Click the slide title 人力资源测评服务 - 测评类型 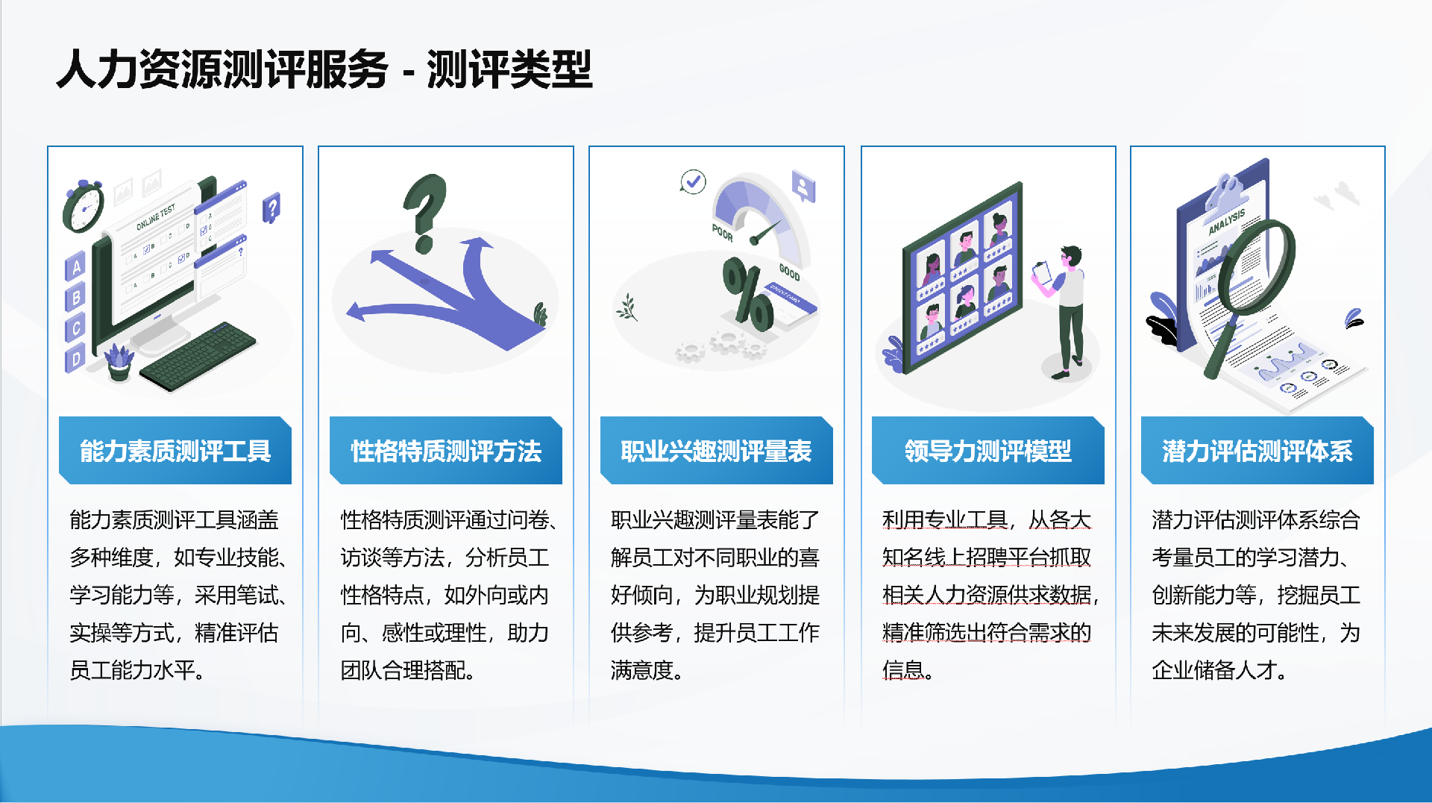[x=324, y=69]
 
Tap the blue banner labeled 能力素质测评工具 [x=175, y=450]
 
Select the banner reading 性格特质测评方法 [x=446, y=450]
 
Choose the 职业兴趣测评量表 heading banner [x=717, y=450]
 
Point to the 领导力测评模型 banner [x=988, y=450]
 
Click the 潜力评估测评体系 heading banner [x=1257, y=450]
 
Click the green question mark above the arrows [x=425, y=213]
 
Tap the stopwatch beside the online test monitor [x=83, y=207]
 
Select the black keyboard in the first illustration [x=197, y=356]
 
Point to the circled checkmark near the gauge [x=693, y=181]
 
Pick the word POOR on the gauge [x=722, y=233]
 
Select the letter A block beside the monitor [x=75, y=266]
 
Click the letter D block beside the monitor [x=75, y=359]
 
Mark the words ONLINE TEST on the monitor [x=156, y=217]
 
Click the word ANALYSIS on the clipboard [x=1227, y=222]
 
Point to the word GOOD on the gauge [x=790, y=272]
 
